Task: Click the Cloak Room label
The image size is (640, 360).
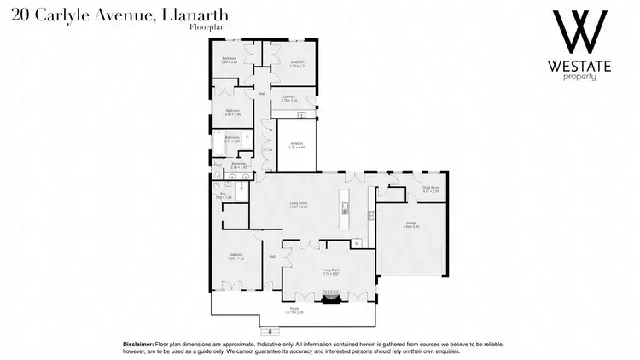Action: tap(430, 190)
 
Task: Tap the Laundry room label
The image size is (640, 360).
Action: tap(289, 97)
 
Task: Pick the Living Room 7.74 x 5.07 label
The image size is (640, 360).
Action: tap(330, 271)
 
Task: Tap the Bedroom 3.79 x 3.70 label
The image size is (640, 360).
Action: tap(297, 63)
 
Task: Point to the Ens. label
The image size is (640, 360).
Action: tap(224, 196)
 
